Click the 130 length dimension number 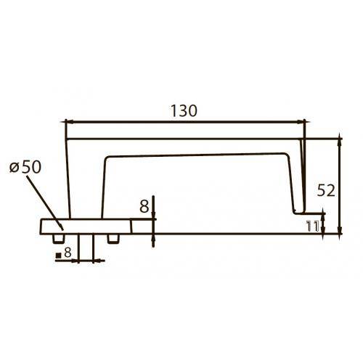(x=184, y=110)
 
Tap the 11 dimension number (x=313, y=226)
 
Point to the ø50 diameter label (x=27, y=167)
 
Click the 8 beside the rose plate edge (x=144, y=207)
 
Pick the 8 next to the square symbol (x=68, y=253)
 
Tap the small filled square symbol (x=58, y=256)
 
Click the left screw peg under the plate (x=57, y=237)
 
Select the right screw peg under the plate (x=113, y=237)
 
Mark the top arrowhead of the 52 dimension (x=339, y=139)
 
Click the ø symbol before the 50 (x=14, y=168)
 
